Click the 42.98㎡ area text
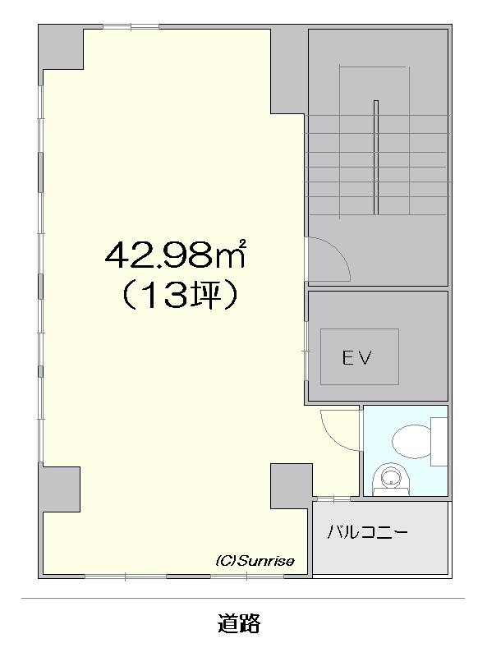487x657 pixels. pyautogui.click(x=175, y=255)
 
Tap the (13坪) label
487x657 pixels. pyautogui.click(x=180, y=296)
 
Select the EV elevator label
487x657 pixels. pyautogui.click(x=357, y=358)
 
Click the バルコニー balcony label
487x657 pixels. pyautogui.click(x=368, y=532)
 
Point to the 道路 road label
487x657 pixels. pyautogui.click(x=239, y=623)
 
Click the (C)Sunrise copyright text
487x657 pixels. pyautogui.click(x=255, y=561)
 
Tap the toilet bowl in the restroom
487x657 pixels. pyautogui.click(x=411, y=441)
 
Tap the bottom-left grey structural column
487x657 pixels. pyautogui.click(x=59, y=489)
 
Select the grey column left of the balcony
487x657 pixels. pyautogui.click(x=292, y=486)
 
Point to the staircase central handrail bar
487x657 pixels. pyautogui.click(x=376, y=157)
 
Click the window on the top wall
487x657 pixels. pyautogui.click(x=131, y=27)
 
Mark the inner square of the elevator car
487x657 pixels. pyautogui.click(x=360, y=356)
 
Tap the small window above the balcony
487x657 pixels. pyautogui.click(x=333, y=498)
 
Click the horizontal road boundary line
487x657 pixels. pyautogui.click(x=243, y=599)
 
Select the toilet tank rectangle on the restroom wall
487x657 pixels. pyautogui.click(x=439, y=441)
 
